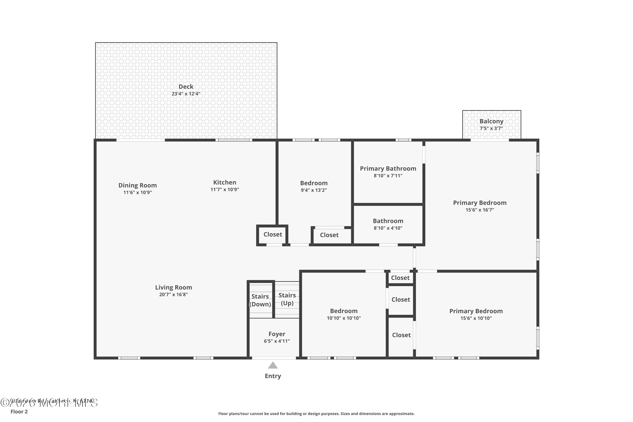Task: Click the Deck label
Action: [x=186, y=87]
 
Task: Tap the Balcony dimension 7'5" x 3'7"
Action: [x=491, y=128]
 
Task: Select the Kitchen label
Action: [x=225, y=183]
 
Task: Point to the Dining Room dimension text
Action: [x=138, y=192]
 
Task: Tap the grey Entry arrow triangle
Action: [x=273, y=365]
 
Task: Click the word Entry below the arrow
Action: [x=273, y=376]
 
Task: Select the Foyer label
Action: [x=277, y=334]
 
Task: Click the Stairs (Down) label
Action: [x=260, y=300]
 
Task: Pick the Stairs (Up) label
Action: [x=287, y=299]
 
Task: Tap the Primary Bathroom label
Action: [x=388, y=169]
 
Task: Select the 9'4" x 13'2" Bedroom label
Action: [x=314, y=183]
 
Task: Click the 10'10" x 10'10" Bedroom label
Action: [x=344, y=311]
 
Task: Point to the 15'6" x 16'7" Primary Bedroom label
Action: [x=480, y=203]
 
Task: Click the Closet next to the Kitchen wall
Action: [x=273, y=234]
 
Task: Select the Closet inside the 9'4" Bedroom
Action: [x=329, y=235]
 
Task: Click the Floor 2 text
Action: [x=19, y=411]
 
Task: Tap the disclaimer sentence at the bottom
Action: [x=316, y=414]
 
